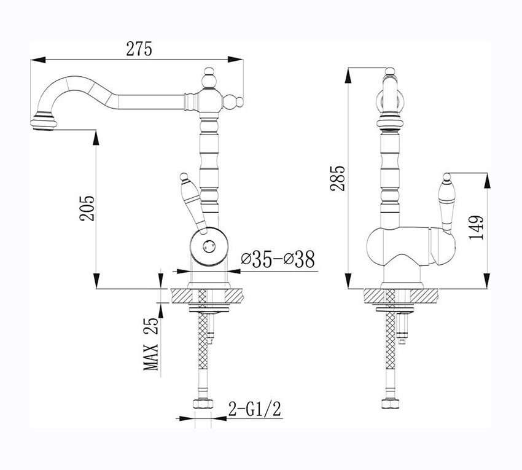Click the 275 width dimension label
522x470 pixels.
(139, 49)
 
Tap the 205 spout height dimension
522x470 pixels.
(87, 208)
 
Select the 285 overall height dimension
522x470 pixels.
(338, 178)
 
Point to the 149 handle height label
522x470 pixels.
(475, 227)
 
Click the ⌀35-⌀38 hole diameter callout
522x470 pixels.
(278, 259)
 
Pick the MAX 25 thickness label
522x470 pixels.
(151, 344)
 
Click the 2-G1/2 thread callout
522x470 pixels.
(255, 409)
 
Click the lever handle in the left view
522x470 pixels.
(192, 203)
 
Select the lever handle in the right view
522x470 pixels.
(446, 203)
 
